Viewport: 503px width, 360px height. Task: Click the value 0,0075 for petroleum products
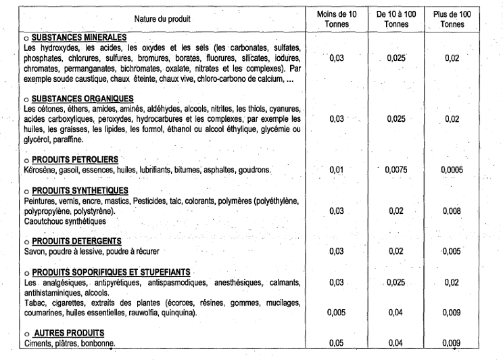397,171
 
